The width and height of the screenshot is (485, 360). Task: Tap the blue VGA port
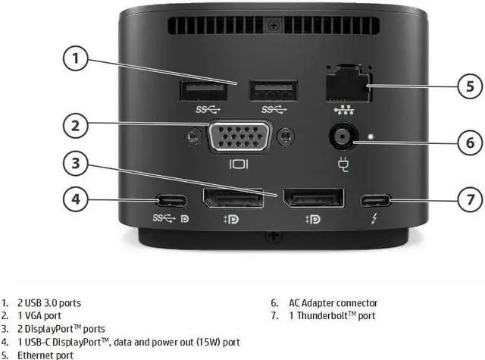click(x=239, y=138)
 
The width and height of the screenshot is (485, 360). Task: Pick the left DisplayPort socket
click(x=231, y=199)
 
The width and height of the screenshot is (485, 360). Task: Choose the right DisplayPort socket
click(x=313, y=199)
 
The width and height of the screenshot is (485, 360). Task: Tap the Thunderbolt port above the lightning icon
click(x=376, y=201)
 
